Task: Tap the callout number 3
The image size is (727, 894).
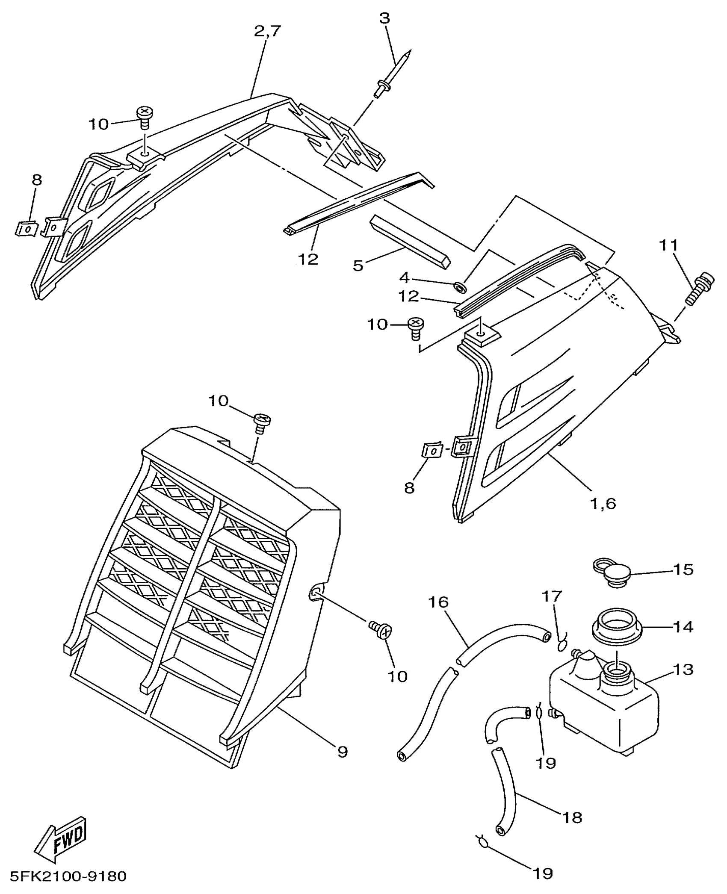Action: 384,18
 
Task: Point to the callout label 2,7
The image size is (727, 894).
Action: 268,31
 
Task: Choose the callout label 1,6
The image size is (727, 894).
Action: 603,504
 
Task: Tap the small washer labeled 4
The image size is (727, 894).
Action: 461,286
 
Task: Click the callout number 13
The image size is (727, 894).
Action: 682,670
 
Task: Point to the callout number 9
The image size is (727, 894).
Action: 343,752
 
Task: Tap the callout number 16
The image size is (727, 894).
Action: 439,602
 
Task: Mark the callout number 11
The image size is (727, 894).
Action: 668,246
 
